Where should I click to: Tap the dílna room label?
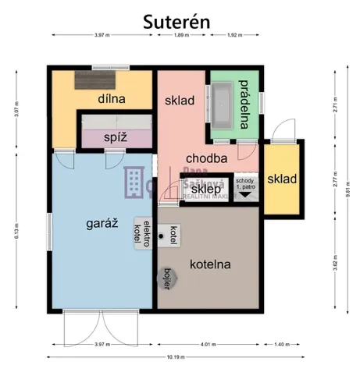tap(112, 100)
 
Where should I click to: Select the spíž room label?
tap(116, 137)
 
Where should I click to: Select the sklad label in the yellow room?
tap(281, 179)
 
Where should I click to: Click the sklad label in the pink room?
tap(180, 101)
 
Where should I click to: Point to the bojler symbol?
tap(167, 275)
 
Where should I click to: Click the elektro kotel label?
tap(142, 231)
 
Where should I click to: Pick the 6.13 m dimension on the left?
tap(16, 232)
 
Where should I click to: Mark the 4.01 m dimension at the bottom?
tap(207, 344)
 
